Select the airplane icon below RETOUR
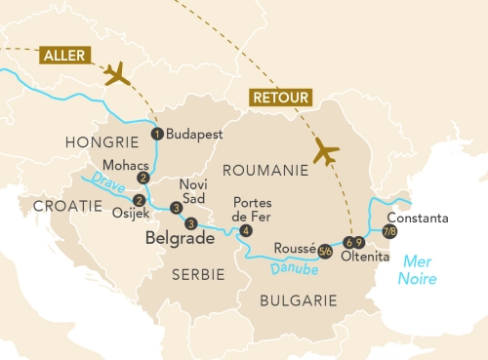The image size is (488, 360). click(x=326, y=152)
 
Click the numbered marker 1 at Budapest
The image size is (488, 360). click(x=156, y=134)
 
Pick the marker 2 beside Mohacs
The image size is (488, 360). click(x=142, y=178)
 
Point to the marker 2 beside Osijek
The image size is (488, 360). click(x=138, y=201)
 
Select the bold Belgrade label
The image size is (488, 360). click(x=180, y=237)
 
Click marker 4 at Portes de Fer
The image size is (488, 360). click(x=245, y=230)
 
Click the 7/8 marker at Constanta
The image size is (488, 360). click(x=389, y=231)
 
